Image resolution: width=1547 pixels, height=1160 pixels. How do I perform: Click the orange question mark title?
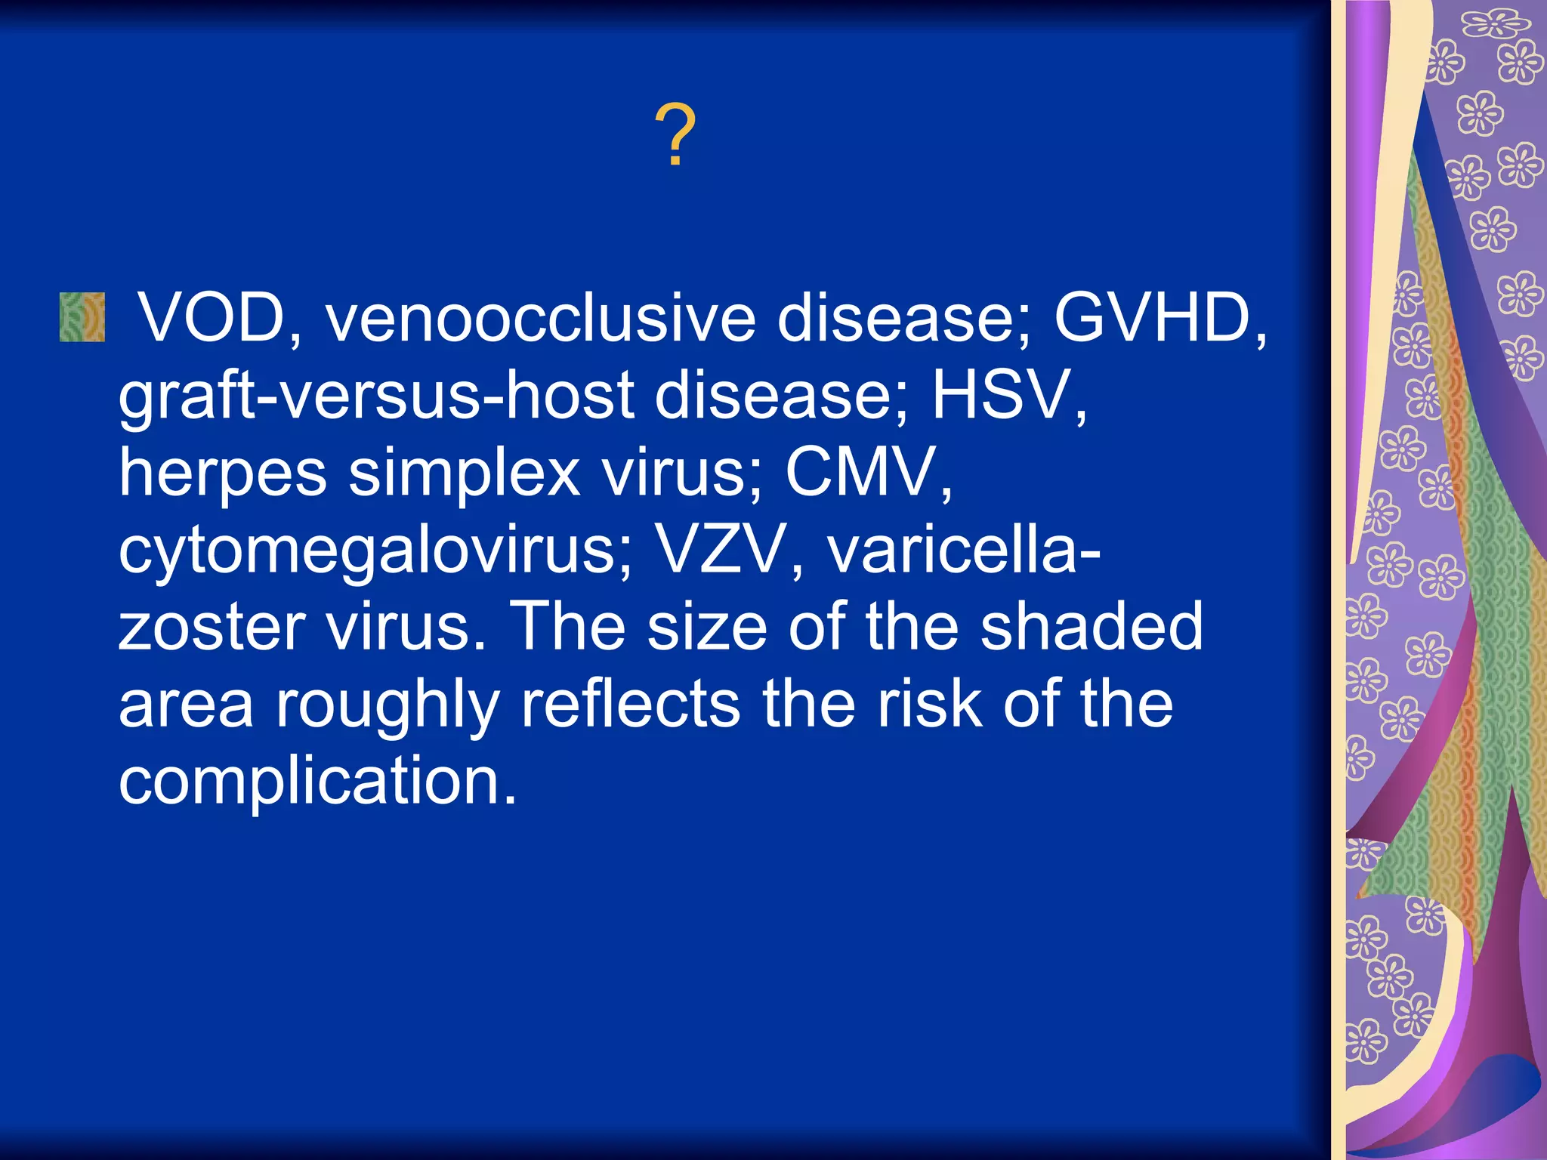[x=675, y=136]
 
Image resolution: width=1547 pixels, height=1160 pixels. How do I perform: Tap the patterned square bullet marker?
[x=82, y=317]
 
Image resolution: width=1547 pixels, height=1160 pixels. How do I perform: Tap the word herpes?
[x=223, y=474]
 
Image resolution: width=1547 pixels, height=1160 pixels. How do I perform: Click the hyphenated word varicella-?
[x=964, y=550]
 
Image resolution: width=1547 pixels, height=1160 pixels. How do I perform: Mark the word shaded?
[x=1091, y=627]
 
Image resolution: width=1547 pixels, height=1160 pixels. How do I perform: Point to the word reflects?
[x=630, y=704]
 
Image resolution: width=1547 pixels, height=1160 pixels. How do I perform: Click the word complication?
[x=317, y=782]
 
